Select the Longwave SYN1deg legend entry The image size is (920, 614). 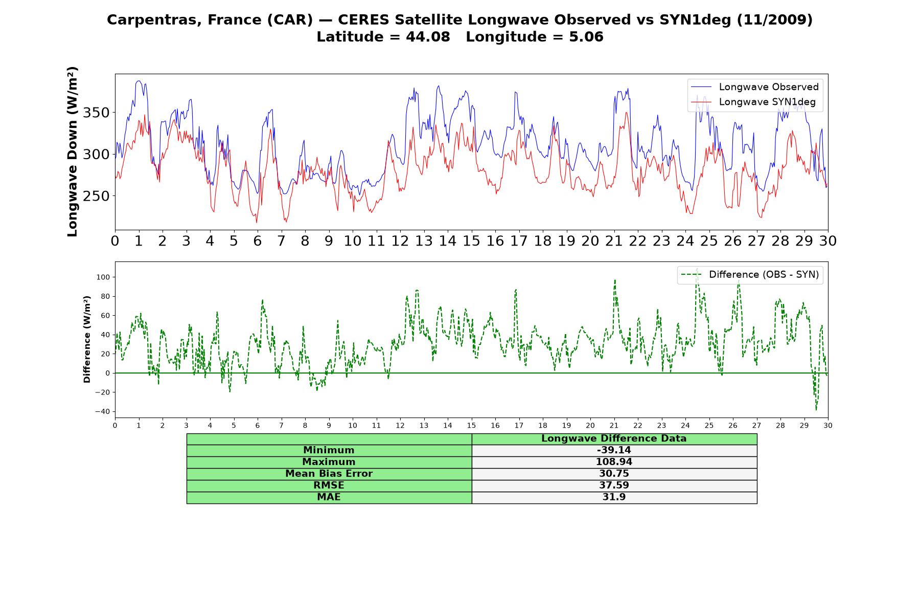pyautogui.click(x=753, y=102)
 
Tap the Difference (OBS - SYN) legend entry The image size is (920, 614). pyautogui.click(x=750, y=275)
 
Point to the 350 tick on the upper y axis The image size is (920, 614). pyautogui.click(x=96, y=113)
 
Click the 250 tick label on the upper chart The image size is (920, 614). pyautogui.click(x=96, y=196)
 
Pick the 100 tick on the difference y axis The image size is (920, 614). pyautogui.click(x=103, y=277)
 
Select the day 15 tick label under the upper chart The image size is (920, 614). pyautogui.click(x=471, y=241)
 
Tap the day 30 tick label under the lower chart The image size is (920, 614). pyautogui.click(x=828, y=425)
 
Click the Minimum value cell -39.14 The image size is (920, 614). pyautogui.click(x=614, y=450)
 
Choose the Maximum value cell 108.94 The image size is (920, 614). pyautogui.click(x=614, y=462)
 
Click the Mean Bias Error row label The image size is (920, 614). pyautogui.click(x=329, y=474)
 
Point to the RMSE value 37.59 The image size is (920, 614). pyautogui.click(x=614, y=486)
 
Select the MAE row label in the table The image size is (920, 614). pyautogui.click(x=329, y=497)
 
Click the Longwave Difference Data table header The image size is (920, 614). pyautogui.click(x=614, y=438)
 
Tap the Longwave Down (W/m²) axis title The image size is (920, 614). pyautogui.click(x=73, y=151)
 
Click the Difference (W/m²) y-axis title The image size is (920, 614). pyautogui.click(x=87, y=339)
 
